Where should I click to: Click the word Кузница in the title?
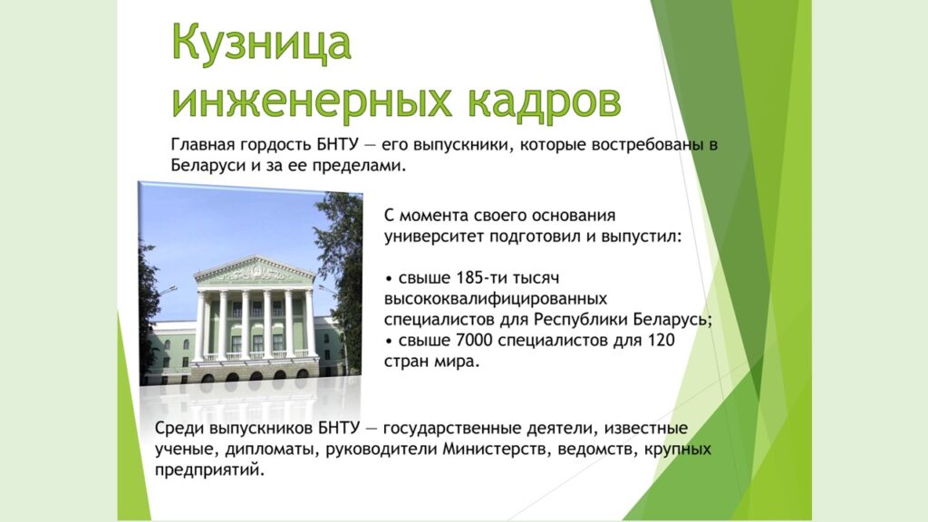(262, 43)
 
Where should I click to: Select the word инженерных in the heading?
(312, 101)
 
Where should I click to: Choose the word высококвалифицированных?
(496, 298)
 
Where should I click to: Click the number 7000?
(475, 341)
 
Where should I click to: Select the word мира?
(456, 362)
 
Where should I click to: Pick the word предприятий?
(209, 470)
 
